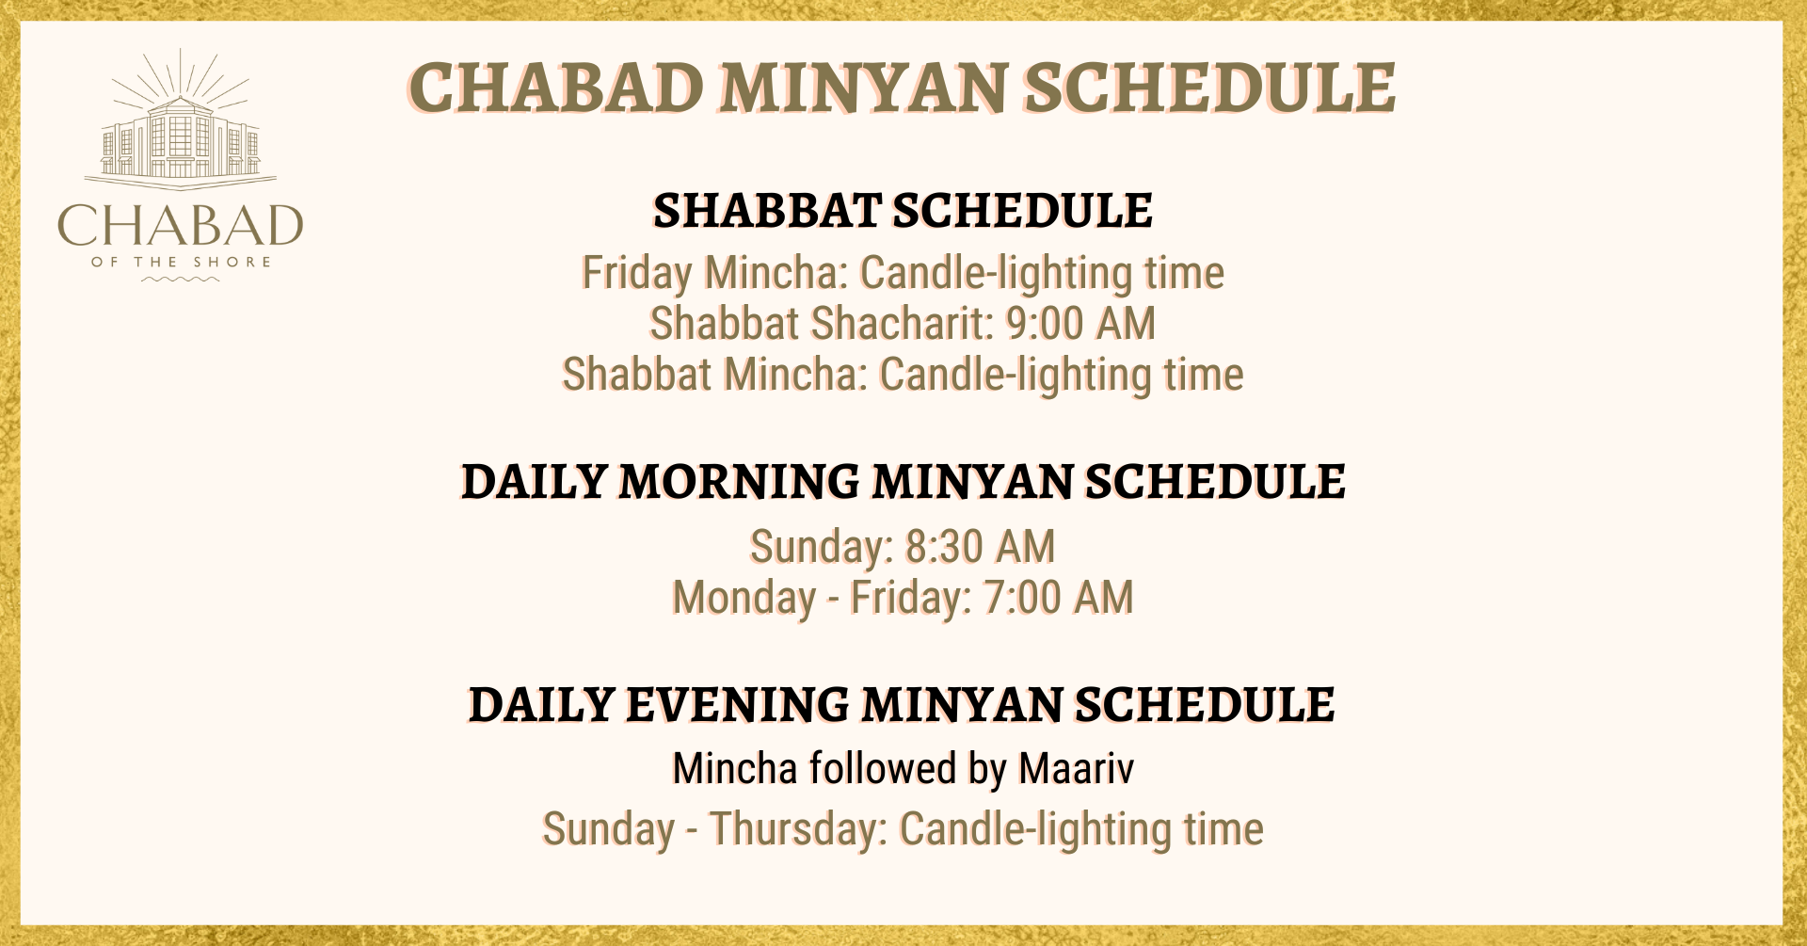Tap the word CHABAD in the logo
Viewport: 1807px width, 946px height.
pos(181,226)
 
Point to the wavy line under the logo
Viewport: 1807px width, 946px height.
pos(181,279)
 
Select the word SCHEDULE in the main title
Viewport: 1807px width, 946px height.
pos(1209,88)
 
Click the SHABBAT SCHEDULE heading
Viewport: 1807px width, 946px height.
pos(903,210)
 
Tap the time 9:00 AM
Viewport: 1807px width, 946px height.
pos(1080,323)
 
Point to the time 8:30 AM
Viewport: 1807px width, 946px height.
pos(980,546)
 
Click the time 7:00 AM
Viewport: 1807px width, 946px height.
pos(1058,597)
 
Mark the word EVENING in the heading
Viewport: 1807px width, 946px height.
pos(737,705)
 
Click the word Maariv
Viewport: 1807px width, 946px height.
pos(1076,768)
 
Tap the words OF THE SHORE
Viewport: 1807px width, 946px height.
pos(181,262)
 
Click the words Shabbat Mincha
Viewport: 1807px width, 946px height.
pos(715,374)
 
